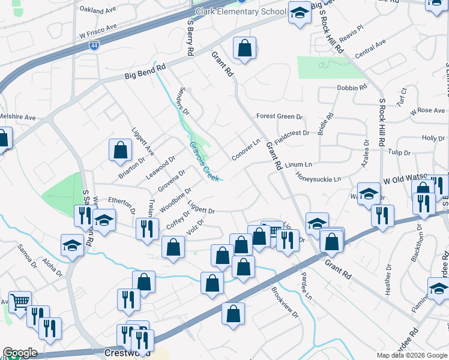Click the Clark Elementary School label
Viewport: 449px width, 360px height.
pyautogui.click(x=241, y=12)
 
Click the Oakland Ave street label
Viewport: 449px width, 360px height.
pyautogui.click(x=97, y=10)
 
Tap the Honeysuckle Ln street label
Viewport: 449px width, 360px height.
pyautogui.click(x=318, y=179)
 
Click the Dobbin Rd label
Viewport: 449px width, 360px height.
pyautogui.click(x=352, y=88)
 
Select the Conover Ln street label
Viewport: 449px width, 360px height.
pyautogui.click(x=246, y=150)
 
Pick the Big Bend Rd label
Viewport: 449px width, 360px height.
pyautogui.click(x=145, y=73)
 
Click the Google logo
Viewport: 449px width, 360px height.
pyautogui.click(x=20, y=353)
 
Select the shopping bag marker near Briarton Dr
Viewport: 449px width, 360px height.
pyautogui.click(x=120, y=150)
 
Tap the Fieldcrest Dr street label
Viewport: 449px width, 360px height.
pyautogui.click(x=290, y=133)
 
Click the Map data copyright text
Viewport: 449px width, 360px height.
pyautogui.click(x=411, y=355)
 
